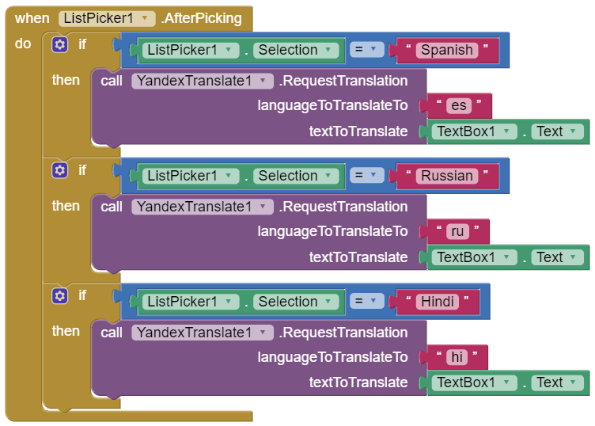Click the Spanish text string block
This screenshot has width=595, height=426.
(x=446, y=50)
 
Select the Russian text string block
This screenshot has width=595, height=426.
(x=446, y=176)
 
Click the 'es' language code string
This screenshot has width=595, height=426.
(x=458, y=105)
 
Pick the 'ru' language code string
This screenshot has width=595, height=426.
(x=457, y=231)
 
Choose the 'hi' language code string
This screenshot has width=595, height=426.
(x=457, y=357)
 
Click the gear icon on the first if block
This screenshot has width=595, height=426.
(x=59, y=44)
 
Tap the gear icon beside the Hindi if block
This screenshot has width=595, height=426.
(x=59, y=296)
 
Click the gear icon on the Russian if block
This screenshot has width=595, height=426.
(x=59, y=170)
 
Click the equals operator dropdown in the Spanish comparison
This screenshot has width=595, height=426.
(x=366, y=50)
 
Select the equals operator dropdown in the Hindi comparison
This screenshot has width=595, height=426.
(x=366, y=302)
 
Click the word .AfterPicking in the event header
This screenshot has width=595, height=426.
(x=202, y=18)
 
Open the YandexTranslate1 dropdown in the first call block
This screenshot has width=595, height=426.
(x=203, y=81)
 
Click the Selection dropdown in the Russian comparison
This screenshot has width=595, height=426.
(x=294, y=176)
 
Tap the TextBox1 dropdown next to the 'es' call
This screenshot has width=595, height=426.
(x=473, y=131)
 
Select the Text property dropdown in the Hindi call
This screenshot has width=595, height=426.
(x=557, y=382)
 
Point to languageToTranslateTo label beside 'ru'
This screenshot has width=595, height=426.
(x=332, y=231)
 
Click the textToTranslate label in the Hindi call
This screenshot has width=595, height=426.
(x=358, y=382)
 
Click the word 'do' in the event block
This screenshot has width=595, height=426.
(x=23, y=44)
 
